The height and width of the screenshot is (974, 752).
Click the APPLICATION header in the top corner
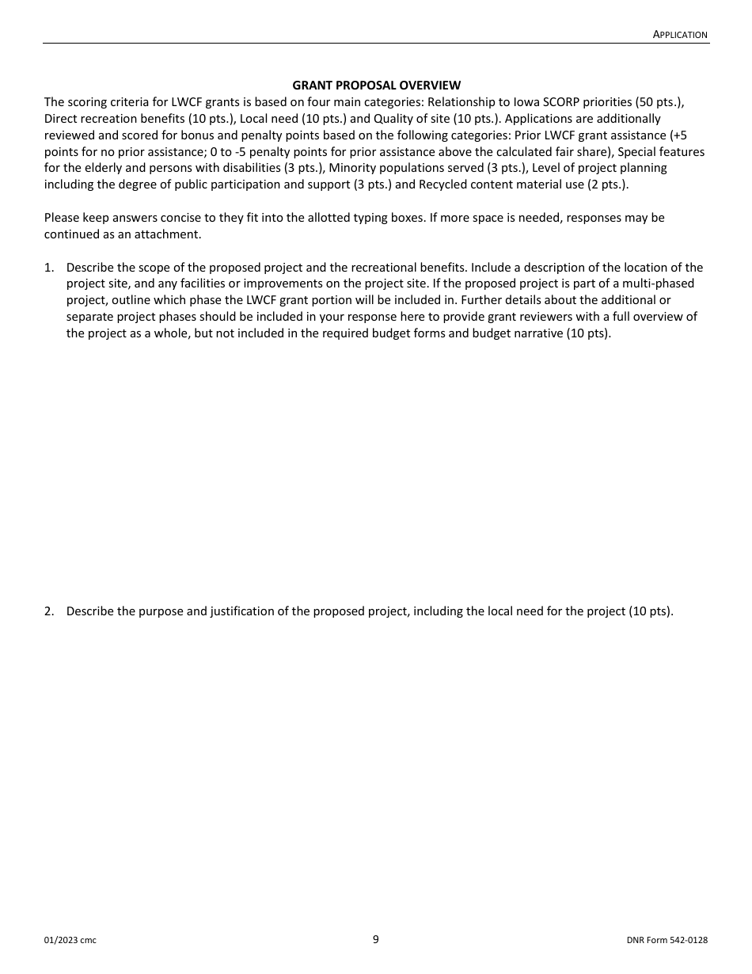tap(680, 34)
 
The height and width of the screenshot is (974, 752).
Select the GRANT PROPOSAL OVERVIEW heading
tap(376, 85)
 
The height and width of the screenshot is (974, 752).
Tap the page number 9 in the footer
tap(376, 939)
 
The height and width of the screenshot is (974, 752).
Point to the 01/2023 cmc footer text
tap(70, 940)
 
